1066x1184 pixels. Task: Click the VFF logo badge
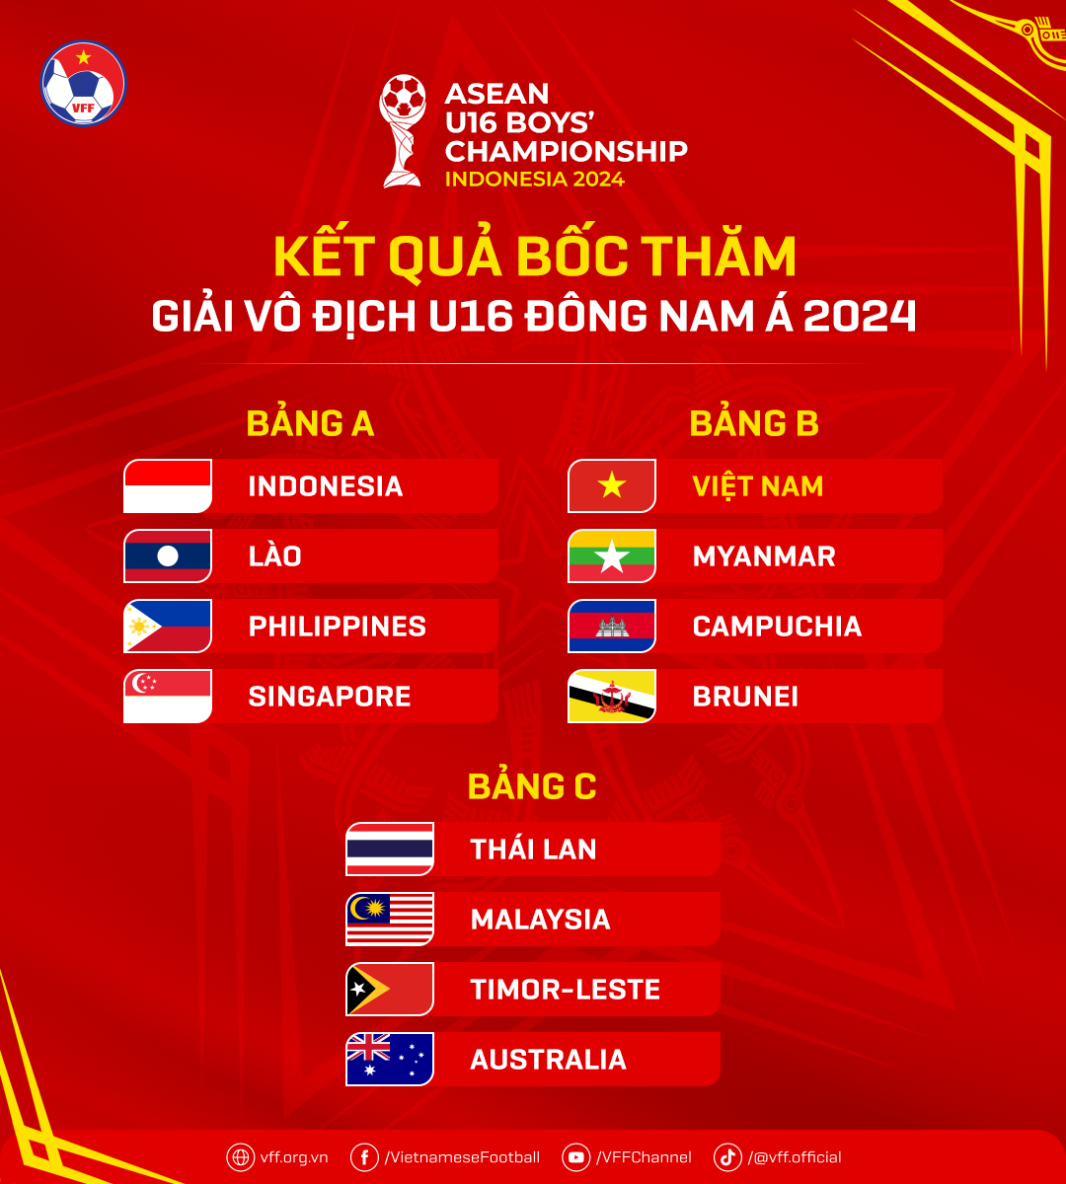(83, 83)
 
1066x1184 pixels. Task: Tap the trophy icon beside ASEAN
(404, 130)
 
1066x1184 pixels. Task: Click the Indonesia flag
(168, 485)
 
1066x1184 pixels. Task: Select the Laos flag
(168, 555)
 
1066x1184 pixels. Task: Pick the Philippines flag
(168, 626)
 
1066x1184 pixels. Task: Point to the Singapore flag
(168, 696)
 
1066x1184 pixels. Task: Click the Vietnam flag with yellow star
(612, 485)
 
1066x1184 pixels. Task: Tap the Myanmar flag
(612, 555)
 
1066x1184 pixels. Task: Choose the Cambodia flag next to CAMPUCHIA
(612, 626)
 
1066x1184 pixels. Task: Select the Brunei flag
(612, 696)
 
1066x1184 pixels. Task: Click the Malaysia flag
(390, 919)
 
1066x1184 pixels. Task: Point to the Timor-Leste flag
(390, 989)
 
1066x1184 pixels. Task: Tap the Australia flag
(390, 1059)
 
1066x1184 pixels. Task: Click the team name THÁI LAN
(533, 850)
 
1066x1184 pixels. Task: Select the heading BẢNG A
(310, 423)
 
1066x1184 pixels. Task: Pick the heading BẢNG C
(532, 786)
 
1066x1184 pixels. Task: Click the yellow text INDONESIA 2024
(534, 180)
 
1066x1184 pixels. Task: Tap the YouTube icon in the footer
(576, 1157)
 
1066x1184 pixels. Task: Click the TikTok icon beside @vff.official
(727, 1157)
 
